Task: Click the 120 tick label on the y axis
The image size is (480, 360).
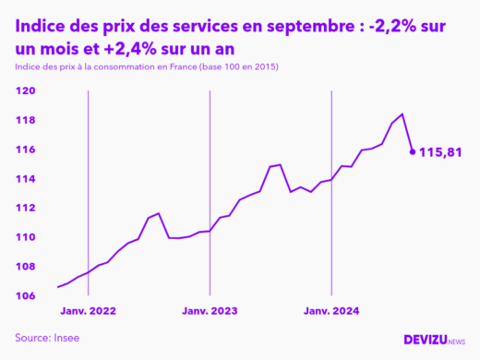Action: pyautogui.click(x=26, y=90)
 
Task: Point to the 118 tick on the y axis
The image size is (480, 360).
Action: pyautogui.click(x=26, y=120)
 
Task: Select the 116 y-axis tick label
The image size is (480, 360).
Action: pyautogui.click(x=26, y=150)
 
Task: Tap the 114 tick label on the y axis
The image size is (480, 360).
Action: pyautogui.click(x=26, y=179)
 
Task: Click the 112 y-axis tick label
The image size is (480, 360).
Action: pyautogui.click(x=26, y=209)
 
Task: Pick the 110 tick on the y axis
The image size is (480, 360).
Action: pyautogui.click(x=26, y=237)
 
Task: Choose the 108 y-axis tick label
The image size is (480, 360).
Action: pyautogui.click(x=26, y=267)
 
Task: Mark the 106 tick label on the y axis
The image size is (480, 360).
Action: pyautogui.click(x=26, y=296)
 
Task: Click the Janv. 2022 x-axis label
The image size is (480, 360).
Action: pyautogui.click(x=89, y=312)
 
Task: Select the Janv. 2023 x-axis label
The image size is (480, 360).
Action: pyautogui.click(x=210, y=312)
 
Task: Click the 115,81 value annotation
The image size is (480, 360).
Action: pyautogui.click(x=440, y=151)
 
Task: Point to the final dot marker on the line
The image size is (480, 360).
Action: pyautogui.click(x=413, y=151)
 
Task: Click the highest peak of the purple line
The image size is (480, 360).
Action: pyautogui.click(x=402, y=114)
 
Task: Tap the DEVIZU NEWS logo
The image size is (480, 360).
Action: pyautogui.click(x=435, y=340)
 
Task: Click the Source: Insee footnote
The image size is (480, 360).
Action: pyautogui.click(x=47, y=338)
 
